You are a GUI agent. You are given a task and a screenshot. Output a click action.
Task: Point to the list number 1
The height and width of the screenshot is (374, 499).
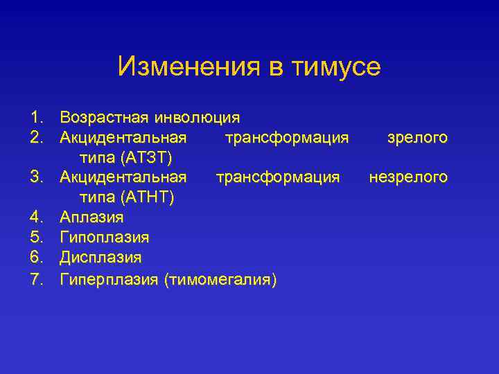click(36, 117)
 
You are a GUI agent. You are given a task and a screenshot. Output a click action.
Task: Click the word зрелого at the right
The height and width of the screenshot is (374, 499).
click(417, 138)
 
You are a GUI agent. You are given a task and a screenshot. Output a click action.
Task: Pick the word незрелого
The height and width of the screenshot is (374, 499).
click(408, 178)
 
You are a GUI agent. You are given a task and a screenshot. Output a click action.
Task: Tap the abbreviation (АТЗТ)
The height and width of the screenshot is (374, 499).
click(151, 158)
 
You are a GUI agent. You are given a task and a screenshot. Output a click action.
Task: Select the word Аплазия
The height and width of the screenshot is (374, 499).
click(91, 217)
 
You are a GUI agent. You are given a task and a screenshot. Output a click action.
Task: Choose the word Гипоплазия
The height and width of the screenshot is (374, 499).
click(104, 238)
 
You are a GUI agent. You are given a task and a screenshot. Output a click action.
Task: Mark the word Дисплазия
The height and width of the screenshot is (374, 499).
click(100, 258)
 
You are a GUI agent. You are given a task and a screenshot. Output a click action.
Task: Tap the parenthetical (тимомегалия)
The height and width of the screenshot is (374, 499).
click(220, 279)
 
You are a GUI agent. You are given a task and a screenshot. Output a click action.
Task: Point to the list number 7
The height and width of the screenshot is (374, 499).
click(37, 279)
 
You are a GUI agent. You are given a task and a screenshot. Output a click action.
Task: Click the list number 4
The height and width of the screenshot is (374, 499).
click(37, 217)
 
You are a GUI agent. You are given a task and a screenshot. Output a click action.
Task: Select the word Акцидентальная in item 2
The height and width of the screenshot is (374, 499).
click(123, 138)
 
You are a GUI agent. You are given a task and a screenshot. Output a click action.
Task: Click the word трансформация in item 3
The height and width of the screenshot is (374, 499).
click(277, 178)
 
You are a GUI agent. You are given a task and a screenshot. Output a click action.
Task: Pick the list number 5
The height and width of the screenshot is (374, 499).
click(37, 238)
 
